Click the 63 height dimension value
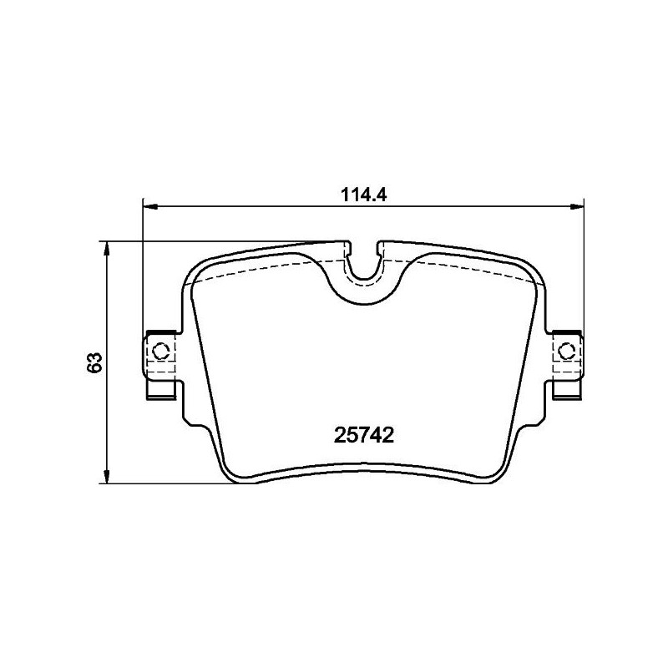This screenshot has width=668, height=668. click(94, 362)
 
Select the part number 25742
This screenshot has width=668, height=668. click(363, 435)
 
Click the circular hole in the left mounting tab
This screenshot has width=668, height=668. click(162, 349)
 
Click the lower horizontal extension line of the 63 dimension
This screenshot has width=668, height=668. click(167, 483)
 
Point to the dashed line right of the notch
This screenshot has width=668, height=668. click(459, 267)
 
